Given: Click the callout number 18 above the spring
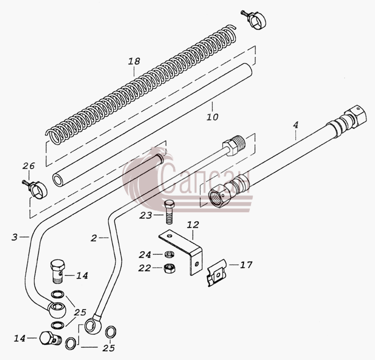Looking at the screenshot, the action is [x=134, y=61].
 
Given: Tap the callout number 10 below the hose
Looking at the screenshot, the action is [x=212, y=117].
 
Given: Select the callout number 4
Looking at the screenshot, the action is [x=296, y=125].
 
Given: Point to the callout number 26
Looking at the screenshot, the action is [x=29, y=166].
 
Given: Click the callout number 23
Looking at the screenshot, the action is [x=146, y=215].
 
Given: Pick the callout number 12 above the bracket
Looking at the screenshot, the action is [x=193, y=225].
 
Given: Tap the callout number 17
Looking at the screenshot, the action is [x=247, y=265].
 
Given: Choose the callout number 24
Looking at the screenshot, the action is [x=145, y=254].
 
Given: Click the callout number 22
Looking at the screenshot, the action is [x=144, y=268].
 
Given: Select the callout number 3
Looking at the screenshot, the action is [x=15, y=237].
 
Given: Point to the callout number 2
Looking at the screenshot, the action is [x=94, y=238].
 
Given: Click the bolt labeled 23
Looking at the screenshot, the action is [x=169, y=212].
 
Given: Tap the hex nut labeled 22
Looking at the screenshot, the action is [x=169, y=268].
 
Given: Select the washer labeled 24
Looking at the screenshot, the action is [x=169, y=254].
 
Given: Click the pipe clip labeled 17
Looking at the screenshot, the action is [x=217, y=273].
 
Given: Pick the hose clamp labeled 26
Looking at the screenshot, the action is [x=36, y=188].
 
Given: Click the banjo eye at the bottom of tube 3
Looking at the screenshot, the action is [x=57, y=310].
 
